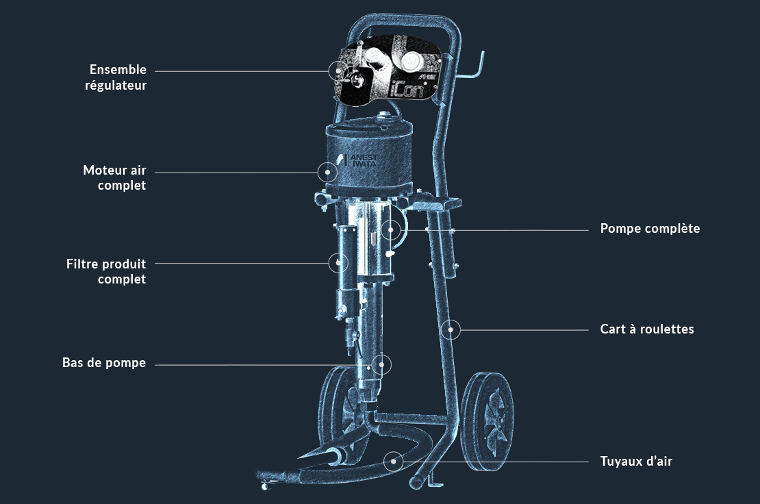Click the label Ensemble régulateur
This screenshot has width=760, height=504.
[x=118, y=77]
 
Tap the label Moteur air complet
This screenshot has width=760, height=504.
[x=114, y=177]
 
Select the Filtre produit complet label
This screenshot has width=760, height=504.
[x=106, y=271]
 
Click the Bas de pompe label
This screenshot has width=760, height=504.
[x=104, y=363]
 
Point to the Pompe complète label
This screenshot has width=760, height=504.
[x=650, y=229]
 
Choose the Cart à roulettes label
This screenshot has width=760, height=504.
[x=647, y=329]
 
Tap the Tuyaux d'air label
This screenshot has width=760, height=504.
[x=636, y=462]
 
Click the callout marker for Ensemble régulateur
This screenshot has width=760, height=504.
[x=338, y=70]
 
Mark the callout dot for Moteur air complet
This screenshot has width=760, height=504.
[x=327, y=172]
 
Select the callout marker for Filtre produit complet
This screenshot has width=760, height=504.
[x=338, y=262]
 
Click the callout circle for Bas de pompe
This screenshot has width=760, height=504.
[x=381, y=364]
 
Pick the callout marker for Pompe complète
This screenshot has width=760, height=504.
[x=390, y=229]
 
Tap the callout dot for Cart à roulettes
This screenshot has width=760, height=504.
[x=451, y=330]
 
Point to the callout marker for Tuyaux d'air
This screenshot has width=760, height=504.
[x=393, y=461]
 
